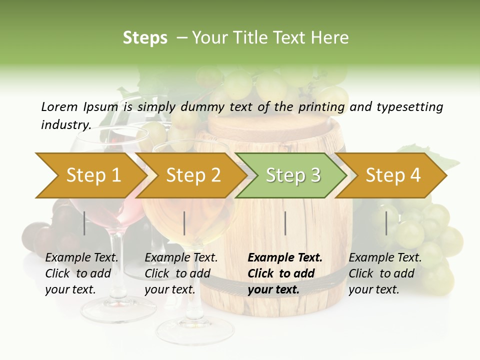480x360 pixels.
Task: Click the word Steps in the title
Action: point(145,37)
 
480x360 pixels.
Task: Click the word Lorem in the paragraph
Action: point(59,106)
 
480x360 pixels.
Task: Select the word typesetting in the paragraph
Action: point(409,106)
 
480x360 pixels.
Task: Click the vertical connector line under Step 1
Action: point(84,223)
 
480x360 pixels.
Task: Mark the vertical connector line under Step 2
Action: point(184,223)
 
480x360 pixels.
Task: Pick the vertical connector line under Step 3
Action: point(285,223)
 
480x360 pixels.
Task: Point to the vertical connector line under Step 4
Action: point(386,223)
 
